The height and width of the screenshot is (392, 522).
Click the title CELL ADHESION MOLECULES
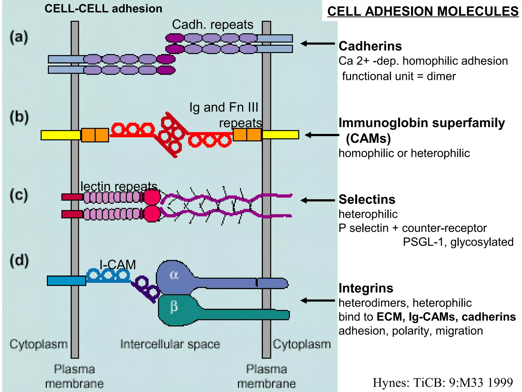pos(423,11)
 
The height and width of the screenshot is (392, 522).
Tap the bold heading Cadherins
pos(370,46)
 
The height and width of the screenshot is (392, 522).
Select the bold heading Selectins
pos(367,199)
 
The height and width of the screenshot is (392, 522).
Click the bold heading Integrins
pos(366,288)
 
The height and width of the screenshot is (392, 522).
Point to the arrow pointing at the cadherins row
pos(317,44)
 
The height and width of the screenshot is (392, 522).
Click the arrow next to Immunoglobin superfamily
pos(322,135)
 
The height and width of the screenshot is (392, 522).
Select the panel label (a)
pos(19,38)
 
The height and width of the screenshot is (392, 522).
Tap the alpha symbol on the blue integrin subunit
pos(174,275)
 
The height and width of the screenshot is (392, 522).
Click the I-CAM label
pos(118,265)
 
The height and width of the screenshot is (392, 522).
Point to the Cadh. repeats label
pos(213,25)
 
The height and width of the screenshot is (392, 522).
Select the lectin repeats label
pos(119,186)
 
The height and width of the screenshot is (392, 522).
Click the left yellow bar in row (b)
pos(61,135)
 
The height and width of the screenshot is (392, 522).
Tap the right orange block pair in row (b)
pos(247,135)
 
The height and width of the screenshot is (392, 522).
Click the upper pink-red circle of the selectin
pos(152,197)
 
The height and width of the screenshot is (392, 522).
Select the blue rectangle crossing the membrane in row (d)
pos(67,280)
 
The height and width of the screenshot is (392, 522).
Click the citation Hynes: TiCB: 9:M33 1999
pos(443,383)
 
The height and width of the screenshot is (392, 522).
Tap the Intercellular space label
pos(170,344)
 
